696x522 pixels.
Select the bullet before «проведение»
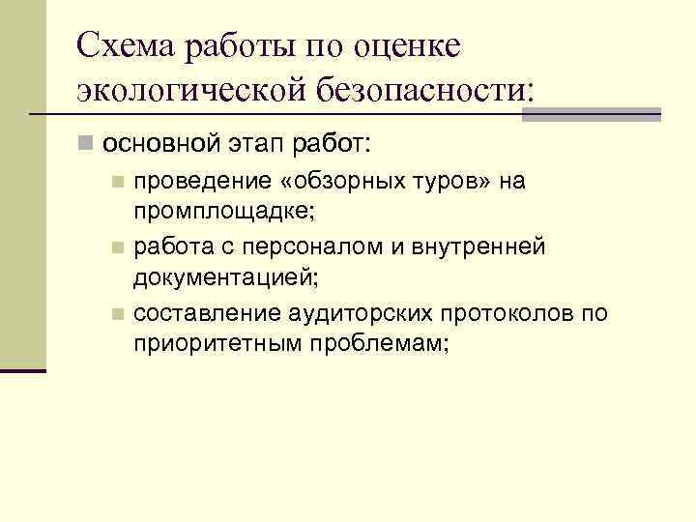coord(116,182)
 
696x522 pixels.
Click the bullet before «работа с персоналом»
coord(116,248)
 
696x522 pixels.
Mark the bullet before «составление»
coord(116,314)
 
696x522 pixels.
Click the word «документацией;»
coord(217,278)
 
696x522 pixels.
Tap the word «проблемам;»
coord(376,344)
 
